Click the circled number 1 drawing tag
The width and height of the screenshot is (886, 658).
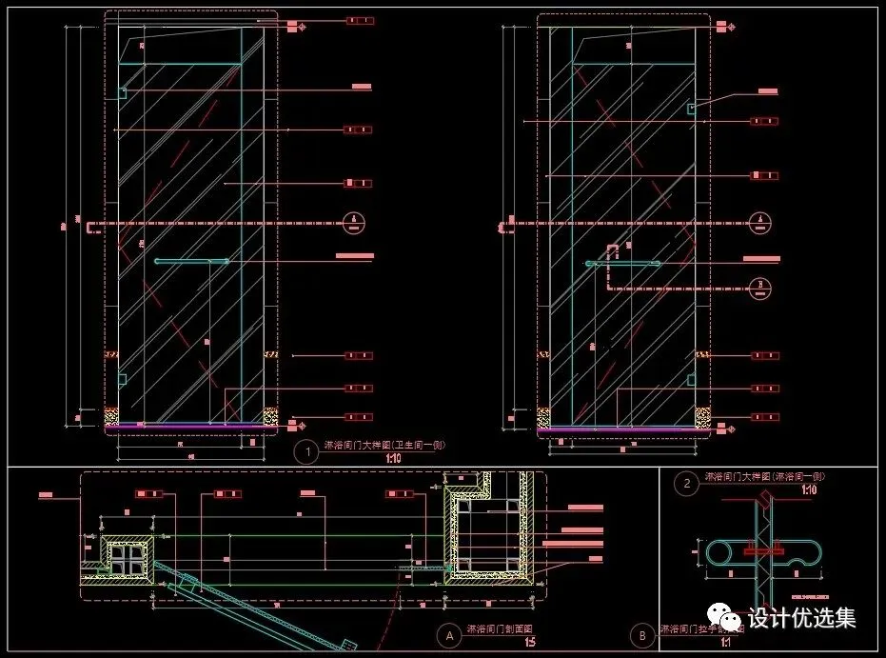306,452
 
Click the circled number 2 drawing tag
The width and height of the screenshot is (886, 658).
687,484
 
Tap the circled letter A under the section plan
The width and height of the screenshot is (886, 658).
447,634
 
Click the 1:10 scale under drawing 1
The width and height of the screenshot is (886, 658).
394,459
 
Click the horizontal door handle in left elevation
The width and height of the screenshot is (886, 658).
191,260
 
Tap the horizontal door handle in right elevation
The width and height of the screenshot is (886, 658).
623,263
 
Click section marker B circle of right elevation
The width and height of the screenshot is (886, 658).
761,283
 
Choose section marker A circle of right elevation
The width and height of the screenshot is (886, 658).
761,223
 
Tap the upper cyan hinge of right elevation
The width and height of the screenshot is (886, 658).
692,109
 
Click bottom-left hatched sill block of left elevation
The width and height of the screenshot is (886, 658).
111,416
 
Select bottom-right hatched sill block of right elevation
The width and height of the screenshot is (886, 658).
702,417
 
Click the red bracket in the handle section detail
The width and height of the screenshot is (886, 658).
761,550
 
